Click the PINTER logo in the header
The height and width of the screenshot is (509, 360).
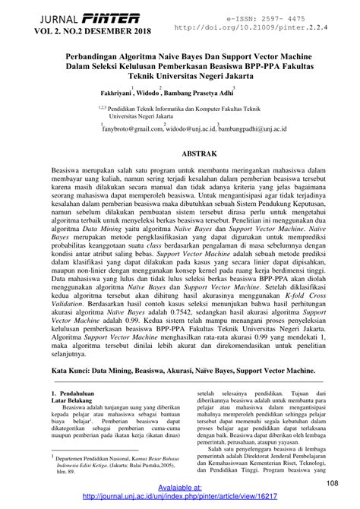coord(112,17)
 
